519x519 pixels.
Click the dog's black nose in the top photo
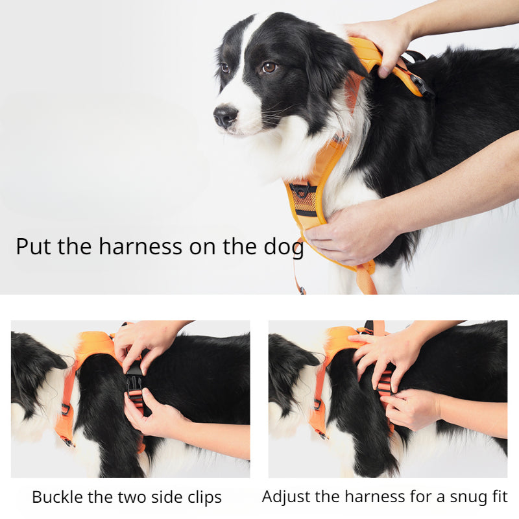(225, 116)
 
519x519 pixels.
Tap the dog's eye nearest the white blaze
(225, 68)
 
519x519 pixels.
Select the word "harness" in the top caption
(140, 247)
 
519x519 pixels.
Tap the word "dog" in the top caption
(284, 248)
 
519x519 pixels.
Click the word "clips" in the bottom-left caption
(205, 498)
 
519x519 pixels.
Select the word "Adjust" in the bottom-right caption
(287, 497)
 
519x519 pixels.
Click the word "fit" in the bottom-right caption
(498, 496)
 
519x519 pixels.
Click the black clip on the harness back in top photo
(420, 84)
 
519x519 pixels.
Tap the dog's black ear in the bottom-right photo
(291, 357)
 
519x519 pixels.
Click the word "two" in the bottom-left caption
(133, 497)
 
